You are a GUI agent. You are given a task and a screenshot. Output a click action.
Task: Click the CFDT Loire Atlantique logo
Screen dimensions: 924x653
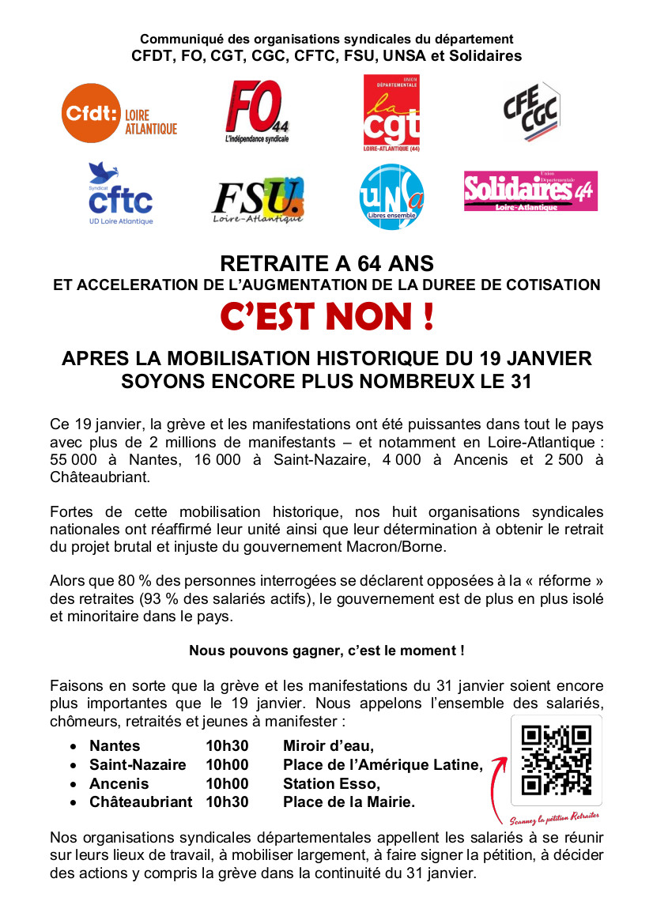click(120, 115)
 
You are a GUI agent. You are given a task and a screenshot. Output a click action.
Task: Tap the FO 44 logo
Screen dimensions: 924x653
click(257, 112)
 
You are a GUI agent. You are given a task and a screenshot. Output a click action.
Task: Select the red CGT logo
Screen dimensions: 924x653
click(391, 112)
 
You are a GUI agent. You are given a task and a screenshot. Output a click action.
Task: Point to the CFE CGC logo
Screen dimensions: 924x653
click(531, 113)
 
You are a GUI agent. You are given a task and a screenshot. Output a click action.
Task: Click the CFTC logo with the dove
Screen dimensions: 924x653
click(120, 194)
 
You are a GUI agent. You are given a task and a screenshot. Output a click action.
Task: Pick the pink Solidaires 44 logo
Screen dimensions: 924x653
click(530, 191)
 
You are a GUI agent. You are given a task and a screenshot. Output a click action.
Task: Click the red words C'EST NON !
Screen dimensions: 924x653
click(326, 318)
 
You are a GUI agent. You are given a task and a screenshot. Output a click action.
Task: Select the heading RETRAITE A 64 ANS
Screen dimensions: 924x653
click(326, 262)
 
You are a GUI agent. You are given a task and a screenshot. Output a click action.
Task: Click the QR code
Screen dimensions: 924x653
click(557, 760)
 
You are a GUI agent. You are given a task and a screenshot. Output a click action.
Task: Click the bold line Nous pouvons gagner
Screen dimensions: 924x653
click(326, 651)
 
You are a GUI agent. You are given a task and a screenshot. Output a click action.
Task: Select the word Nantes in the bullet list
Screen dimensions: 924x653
click(115, 745)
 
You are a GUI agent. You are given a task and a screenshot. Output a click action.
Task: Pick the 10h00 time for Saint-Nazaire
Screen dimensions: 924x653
click(227, 764)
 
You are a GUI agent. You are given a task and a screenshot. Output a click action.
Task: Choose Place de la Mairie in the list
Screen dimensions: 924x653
click(349, 801)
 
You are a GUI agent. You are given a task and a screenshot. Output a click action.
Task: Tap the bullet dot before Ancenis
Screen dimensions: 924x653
click(74, 784)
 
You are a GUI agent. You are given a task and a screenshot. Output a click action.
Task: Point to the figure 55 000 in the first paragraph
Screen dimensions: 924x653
click(72, 461)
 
